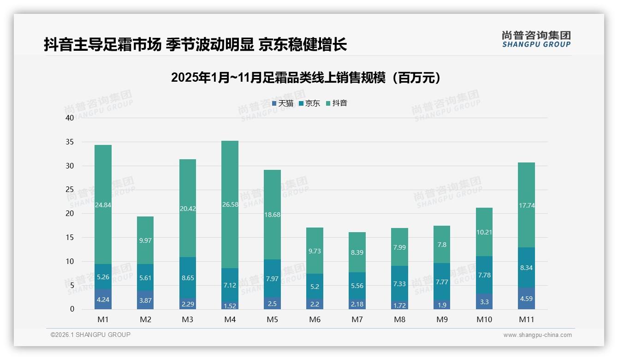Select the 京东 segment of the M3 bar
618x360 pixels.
tap(188, 277)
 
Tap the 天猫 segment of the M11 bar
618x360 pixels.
tap(527, 298)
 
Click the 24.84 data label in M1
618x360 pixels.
tap(103, 204)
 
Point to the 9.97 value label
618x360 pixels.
tap(145, 240)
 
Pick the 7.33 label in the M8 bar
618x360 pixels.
tap(399, 284)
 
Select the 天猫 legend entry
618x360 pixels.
tap(283, 103)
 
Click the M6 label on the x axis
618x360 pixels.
tap(315, 319)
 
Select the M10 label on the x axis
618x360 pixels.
tap(484, 319)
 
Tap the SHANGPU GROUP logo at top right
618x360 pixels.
tap(536, 39)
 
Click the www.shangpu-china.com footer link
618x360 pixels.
tap(537, 335)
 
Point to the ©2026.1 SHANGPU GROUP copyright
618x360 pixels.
tap(90, 335)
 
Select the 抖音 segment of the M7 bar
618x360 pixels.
tap(357, 252)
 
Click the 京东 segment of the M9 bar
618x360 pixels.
tap(442, 282)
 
